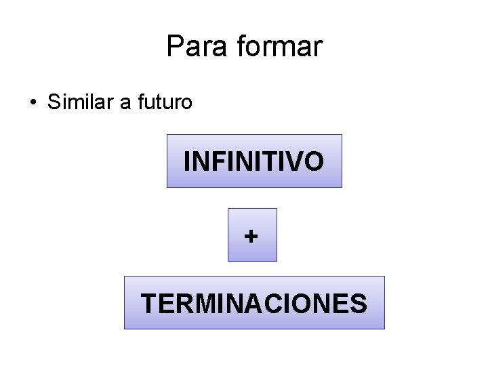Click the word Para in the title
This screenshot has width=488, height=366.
pyautogui.click(x=197, y=47)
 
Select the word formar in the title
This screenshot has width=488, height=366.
pyautogui.click(x=280, y=47)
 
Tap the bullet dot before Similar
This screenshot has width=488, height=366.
pyautogui.click(x=33, y=103)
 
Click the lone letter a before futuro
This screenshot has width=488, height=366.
pyautogui.click(x=125, y=103)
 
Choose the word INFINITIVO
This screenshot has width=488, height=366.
pyautogui.click(x=254, y=161)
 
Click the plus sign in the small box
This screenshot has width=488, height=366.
pyautogui.click(x=252, y=236)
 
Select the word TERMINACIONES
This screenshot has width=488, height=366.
pyautogui.click(x=254, y=303)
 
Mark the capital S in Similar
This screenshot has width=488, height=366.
pyautogui.click(x=54, y=102)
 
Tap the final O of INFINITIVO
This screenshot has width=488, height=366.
pyautogui.click(x=313, y=161)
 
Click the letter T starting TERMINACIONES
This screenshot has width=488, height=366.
pyautogui.click(x=148, y=303)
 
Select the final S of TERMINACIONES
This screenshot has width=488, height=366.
pyautogui.click(x=359, y=303)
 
